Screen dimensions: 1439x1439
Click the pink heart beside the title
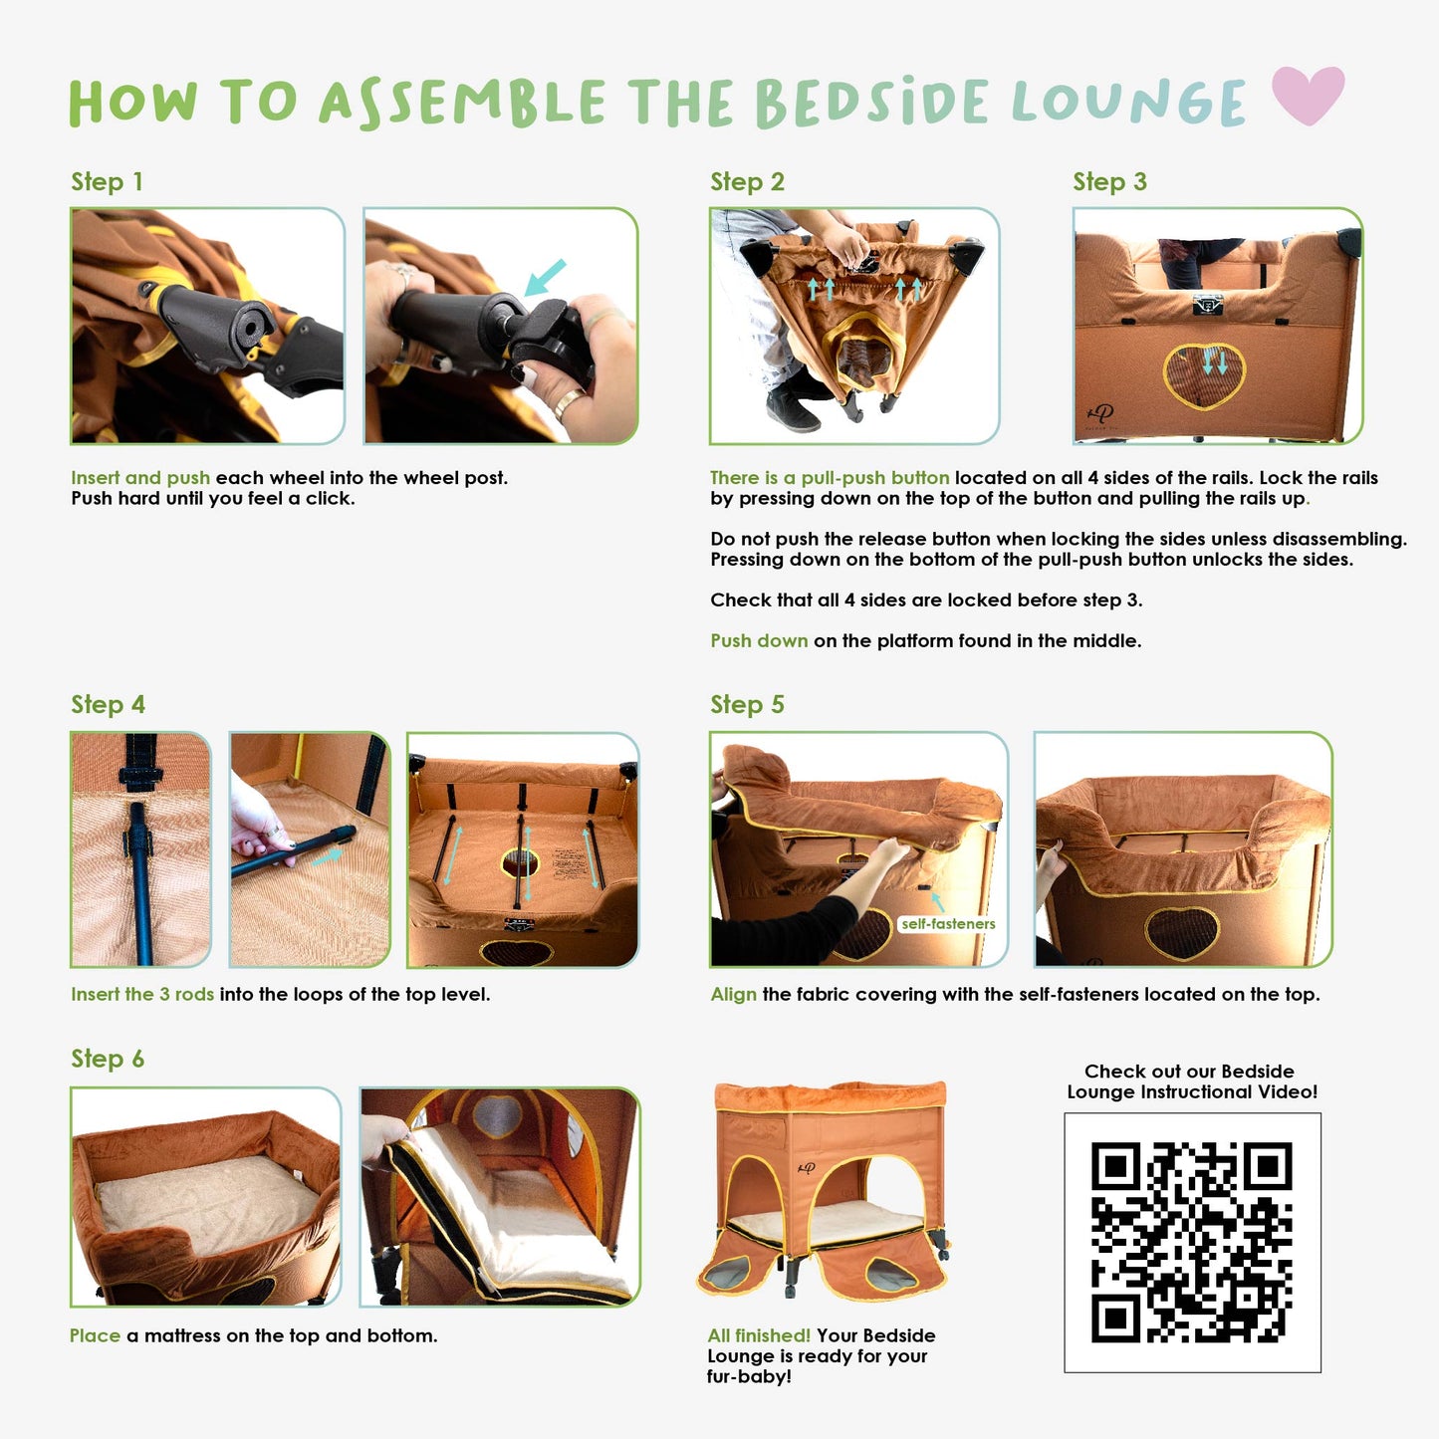(x=1308, y=95)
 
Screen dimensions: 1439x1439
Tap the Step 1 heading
(x=107, y=181)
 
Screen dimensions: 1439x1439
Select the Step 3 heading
(x=1109, y=181)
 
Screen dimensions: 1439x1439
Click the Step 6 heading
(x=108, y=1059)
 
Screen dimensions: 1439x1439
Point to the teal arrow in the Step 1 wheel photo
(x=545, y=277)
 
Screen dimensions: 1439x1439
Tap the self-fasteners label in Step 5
(x=948, y=924)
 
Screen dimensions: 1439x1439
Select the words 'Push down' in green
(x=759, y=640)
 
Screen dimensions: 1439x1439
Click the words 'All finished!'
(x=759, y=1335)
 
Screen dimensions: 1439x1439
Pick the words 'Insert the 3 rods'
(x=142, y=994)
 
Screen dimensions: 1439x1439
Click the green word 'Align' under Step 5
(x=733, y=995)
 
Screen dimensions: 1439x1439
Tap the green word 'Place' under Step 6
(x=95, y=1335)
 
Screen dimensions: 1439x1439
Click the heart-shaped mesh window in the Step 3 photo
(x=1205, y=375)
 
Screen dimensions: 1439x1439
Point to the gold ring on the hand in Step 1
(x=567, y=404)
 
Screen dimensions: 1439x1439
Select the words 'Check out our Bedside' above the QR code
(x=1189, y=1071)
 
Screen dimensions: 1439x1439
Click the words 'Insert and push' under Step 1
(x=140, y=478)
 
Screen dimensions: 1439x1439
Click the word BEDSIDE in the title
(x=872, y=102)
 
